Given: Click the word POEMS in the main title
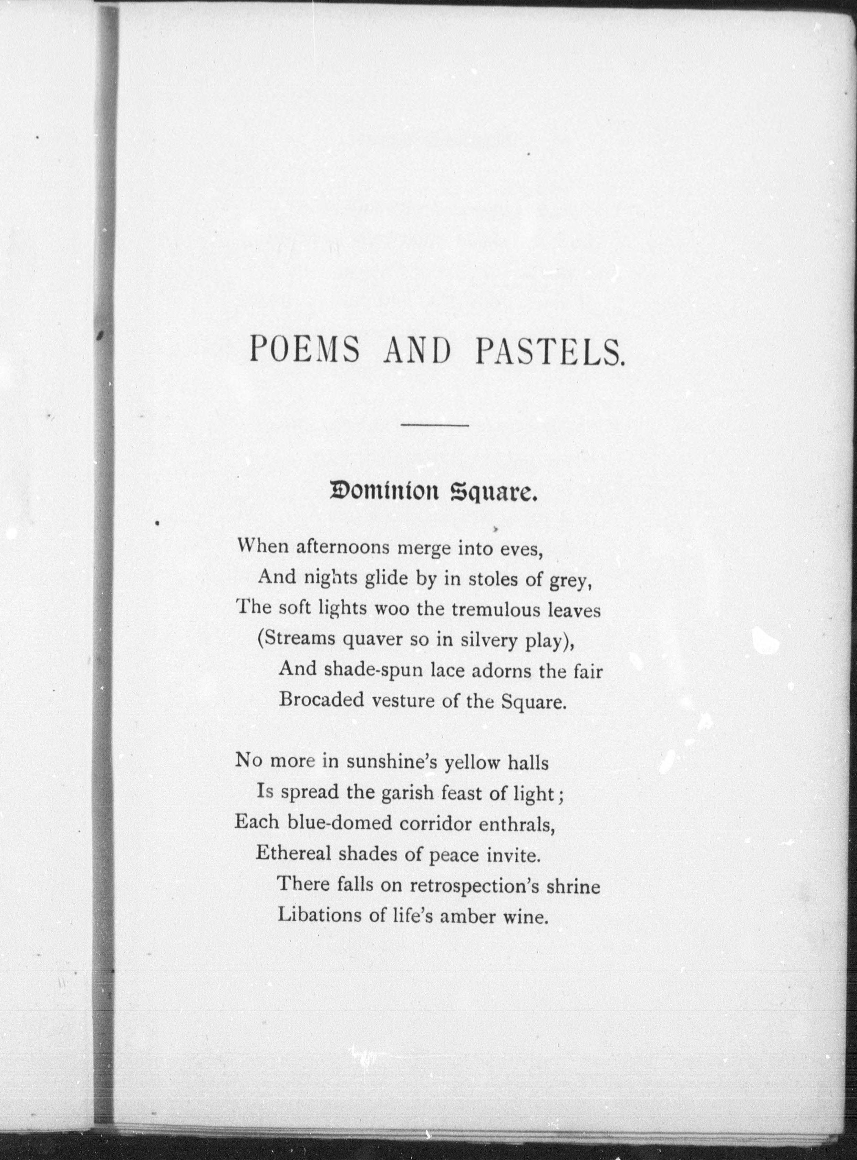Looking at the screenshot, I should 304,349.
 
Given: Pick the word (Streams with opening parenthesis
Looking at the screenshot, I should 296,640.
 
